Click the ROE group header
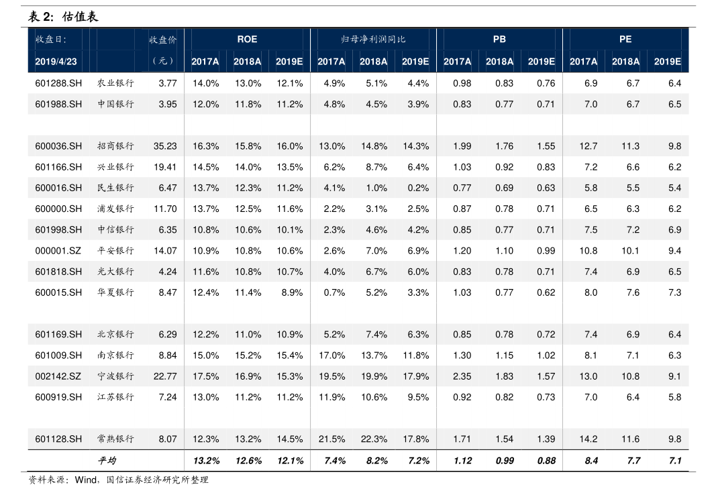247,40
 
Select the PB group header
499,40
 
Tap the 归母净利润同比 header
373,40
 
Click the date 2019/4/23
56,62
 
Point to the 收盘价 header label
163,40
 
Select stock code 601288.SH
58,83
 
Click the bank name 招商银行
115,146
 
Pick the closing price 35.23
165,146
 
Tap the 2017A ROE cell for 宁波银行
205,376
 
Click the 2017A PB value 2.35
462,376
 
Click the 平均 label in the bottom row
107,461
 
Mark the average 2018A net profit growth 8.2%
374,461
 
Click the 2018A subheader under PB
499,62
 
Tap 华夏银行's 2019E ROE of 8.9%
291,292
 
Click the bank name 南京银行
115,355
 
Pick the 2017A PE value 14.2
588,439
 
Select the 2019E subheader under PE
667,62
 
